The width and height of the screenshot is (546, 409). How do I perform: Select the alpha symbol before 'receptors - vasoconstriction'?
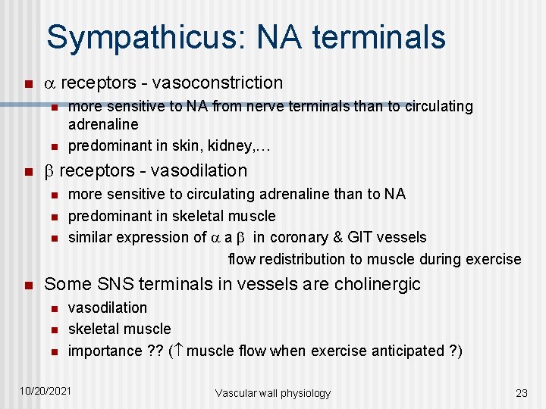pyautogui.click(x=50, y=83)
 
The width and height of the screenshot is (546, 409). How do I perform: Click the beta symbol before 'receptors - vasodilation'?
pyautogui.click(x=50, y=171)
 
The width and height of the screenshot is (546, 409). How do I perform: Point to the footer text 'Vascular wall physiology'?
pyautogui.click(x=273, y=393)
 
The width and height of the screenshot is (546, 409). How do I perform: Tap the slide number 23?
pyautogui.click(x=521, y=393)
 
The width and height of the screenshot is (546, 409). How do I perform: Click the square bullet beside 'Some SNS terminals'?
pyautogui.click(x=27, y=286)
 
